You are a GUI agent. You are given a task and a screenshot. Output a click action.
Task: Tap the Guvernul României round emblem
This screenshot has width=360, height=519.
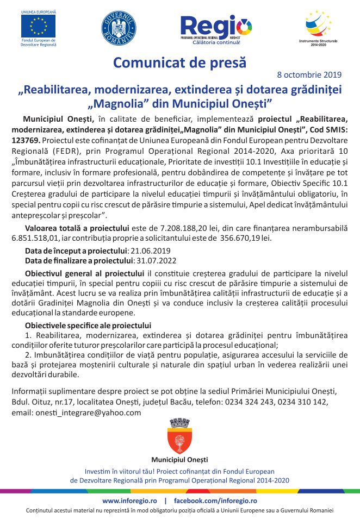pyautogui.click(x=119, y=28)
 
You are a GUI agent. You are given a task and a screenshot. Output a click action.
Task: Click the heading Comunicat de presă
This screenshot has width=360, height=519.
pyautogui.click(x=179, y=62)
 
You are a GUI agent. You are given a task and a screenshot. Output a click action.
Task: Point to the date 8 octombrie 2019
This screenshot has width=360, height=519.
pyautogui.click(x=309, y=74)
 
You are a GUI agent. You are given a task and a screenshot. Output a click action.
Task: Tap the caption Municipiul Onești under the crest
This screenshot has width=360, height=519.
pyautogui.click(x=179, y=460)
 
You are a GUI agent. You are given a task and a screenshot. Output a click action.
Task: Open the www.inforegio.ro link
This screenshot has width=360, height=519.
pyautogui.click(x=129, y=501)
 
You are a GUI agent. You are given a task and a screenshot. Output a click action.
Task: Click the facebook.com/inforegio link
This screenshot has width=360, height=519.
pyautogui.click(x=215, y=501)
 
